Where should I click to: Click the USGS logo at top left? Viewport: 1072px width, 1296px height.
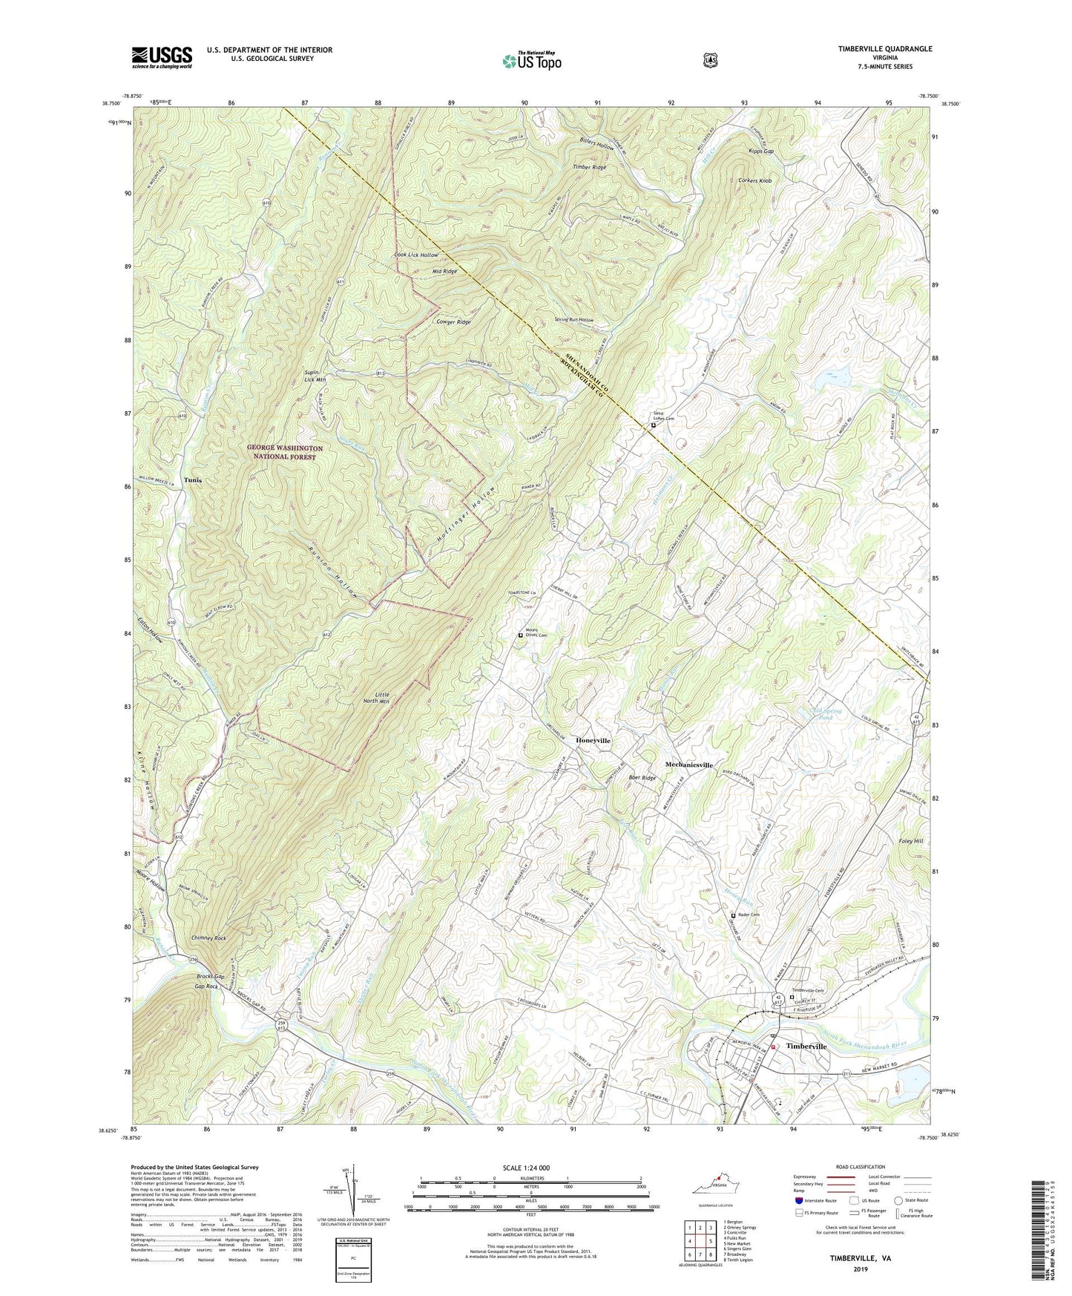click(x=162, y=57)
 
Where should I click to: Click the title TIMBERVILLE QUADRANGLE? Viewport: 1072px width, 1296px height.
click(x=875, y=49)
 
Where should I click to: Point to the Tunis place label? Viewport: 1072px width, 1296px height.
click(x=193, y=480)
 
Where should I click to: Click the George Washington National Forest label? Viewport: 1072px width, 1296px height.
click(x=285, y=453)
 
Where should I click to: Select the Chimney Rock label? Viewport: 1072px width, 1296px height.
click(x=208, y=938)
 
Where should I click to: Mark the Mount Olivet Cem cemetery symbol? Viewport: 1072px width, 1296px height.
click(x=521, y=635)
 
